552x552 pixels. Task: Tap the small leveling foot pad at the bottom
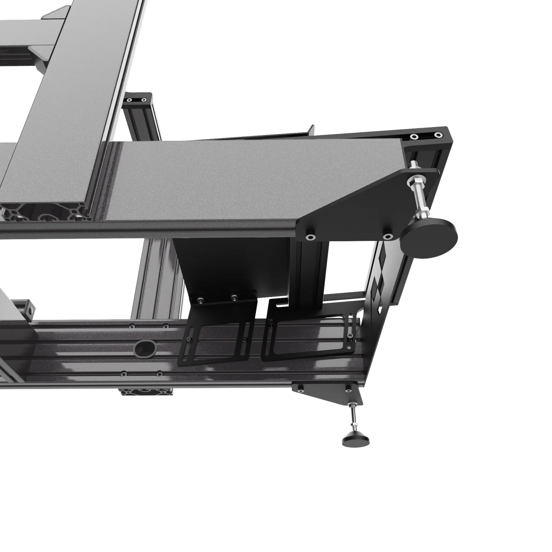[356, 440]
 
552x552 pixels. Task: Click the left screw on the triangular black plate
[311, 237]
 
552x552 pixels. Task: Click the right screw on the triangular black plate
[388, 237]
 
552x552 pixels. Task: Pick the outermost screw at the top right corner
[438, 135]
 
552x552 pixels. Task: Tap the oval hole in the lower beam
[145, 349]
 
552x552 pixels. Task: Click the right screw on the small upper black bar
[144, 100]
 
